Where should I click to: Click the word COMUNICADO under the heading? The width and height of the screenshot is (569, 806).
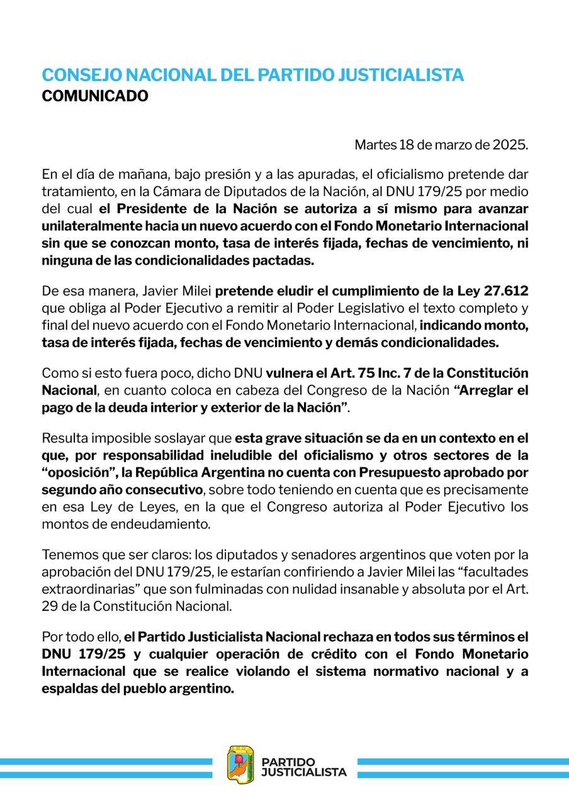[x=95, y=96]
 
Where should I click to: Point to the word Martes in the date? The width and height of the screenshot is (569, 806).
[x=375, y=145]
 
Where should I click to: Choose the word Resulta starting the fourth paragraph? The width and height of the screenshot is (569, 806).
[x=65, y=438]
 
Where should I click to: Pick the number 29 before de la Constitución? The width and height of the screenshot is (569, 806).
[x=48, y=607]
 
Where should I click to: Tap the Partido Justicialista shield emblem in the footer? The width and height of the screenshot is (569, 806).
[x=240, y=764]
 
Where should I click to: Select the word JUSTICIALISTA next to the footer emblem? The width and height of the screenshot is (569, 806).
[x=303, y=772]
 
